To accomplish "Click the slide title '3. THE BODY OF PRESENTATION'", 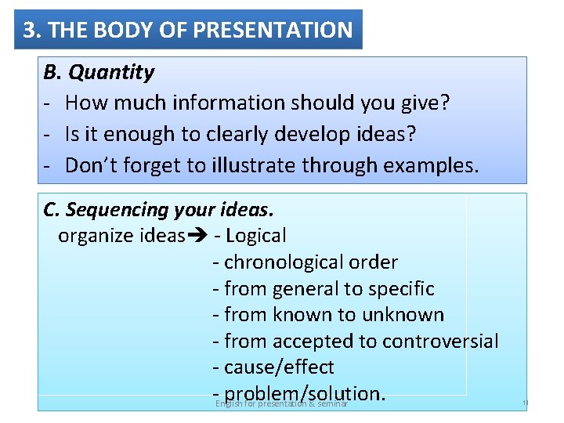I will pyautogui.click(x=188, y=31).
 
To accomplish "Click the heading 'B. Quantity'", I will pyautogui.click(x=99, y=73).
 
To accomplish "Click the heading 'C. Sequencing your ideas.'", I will pyautogui.click(x=159, y=210).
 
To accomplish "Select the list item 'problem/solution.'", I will pyautogui.click(x=305, y=392).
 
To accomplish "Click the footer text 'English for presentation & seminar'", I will pyautogui.click(x=281, y=403).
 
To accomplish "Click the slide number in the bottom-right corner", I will pyautogui.click(x=525, y=403).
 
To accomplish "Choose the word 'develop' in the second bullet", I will pyautogui.click(x=302, y=135).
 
